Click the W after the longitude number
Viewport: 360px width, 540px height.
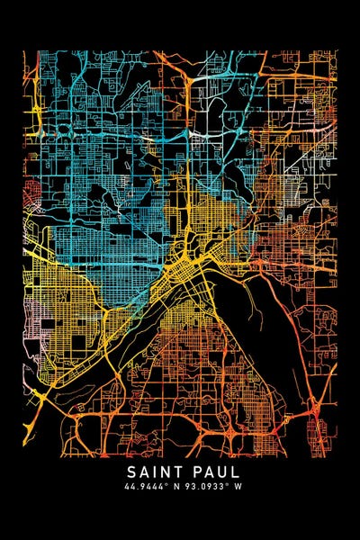click(x=238, y=487)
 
